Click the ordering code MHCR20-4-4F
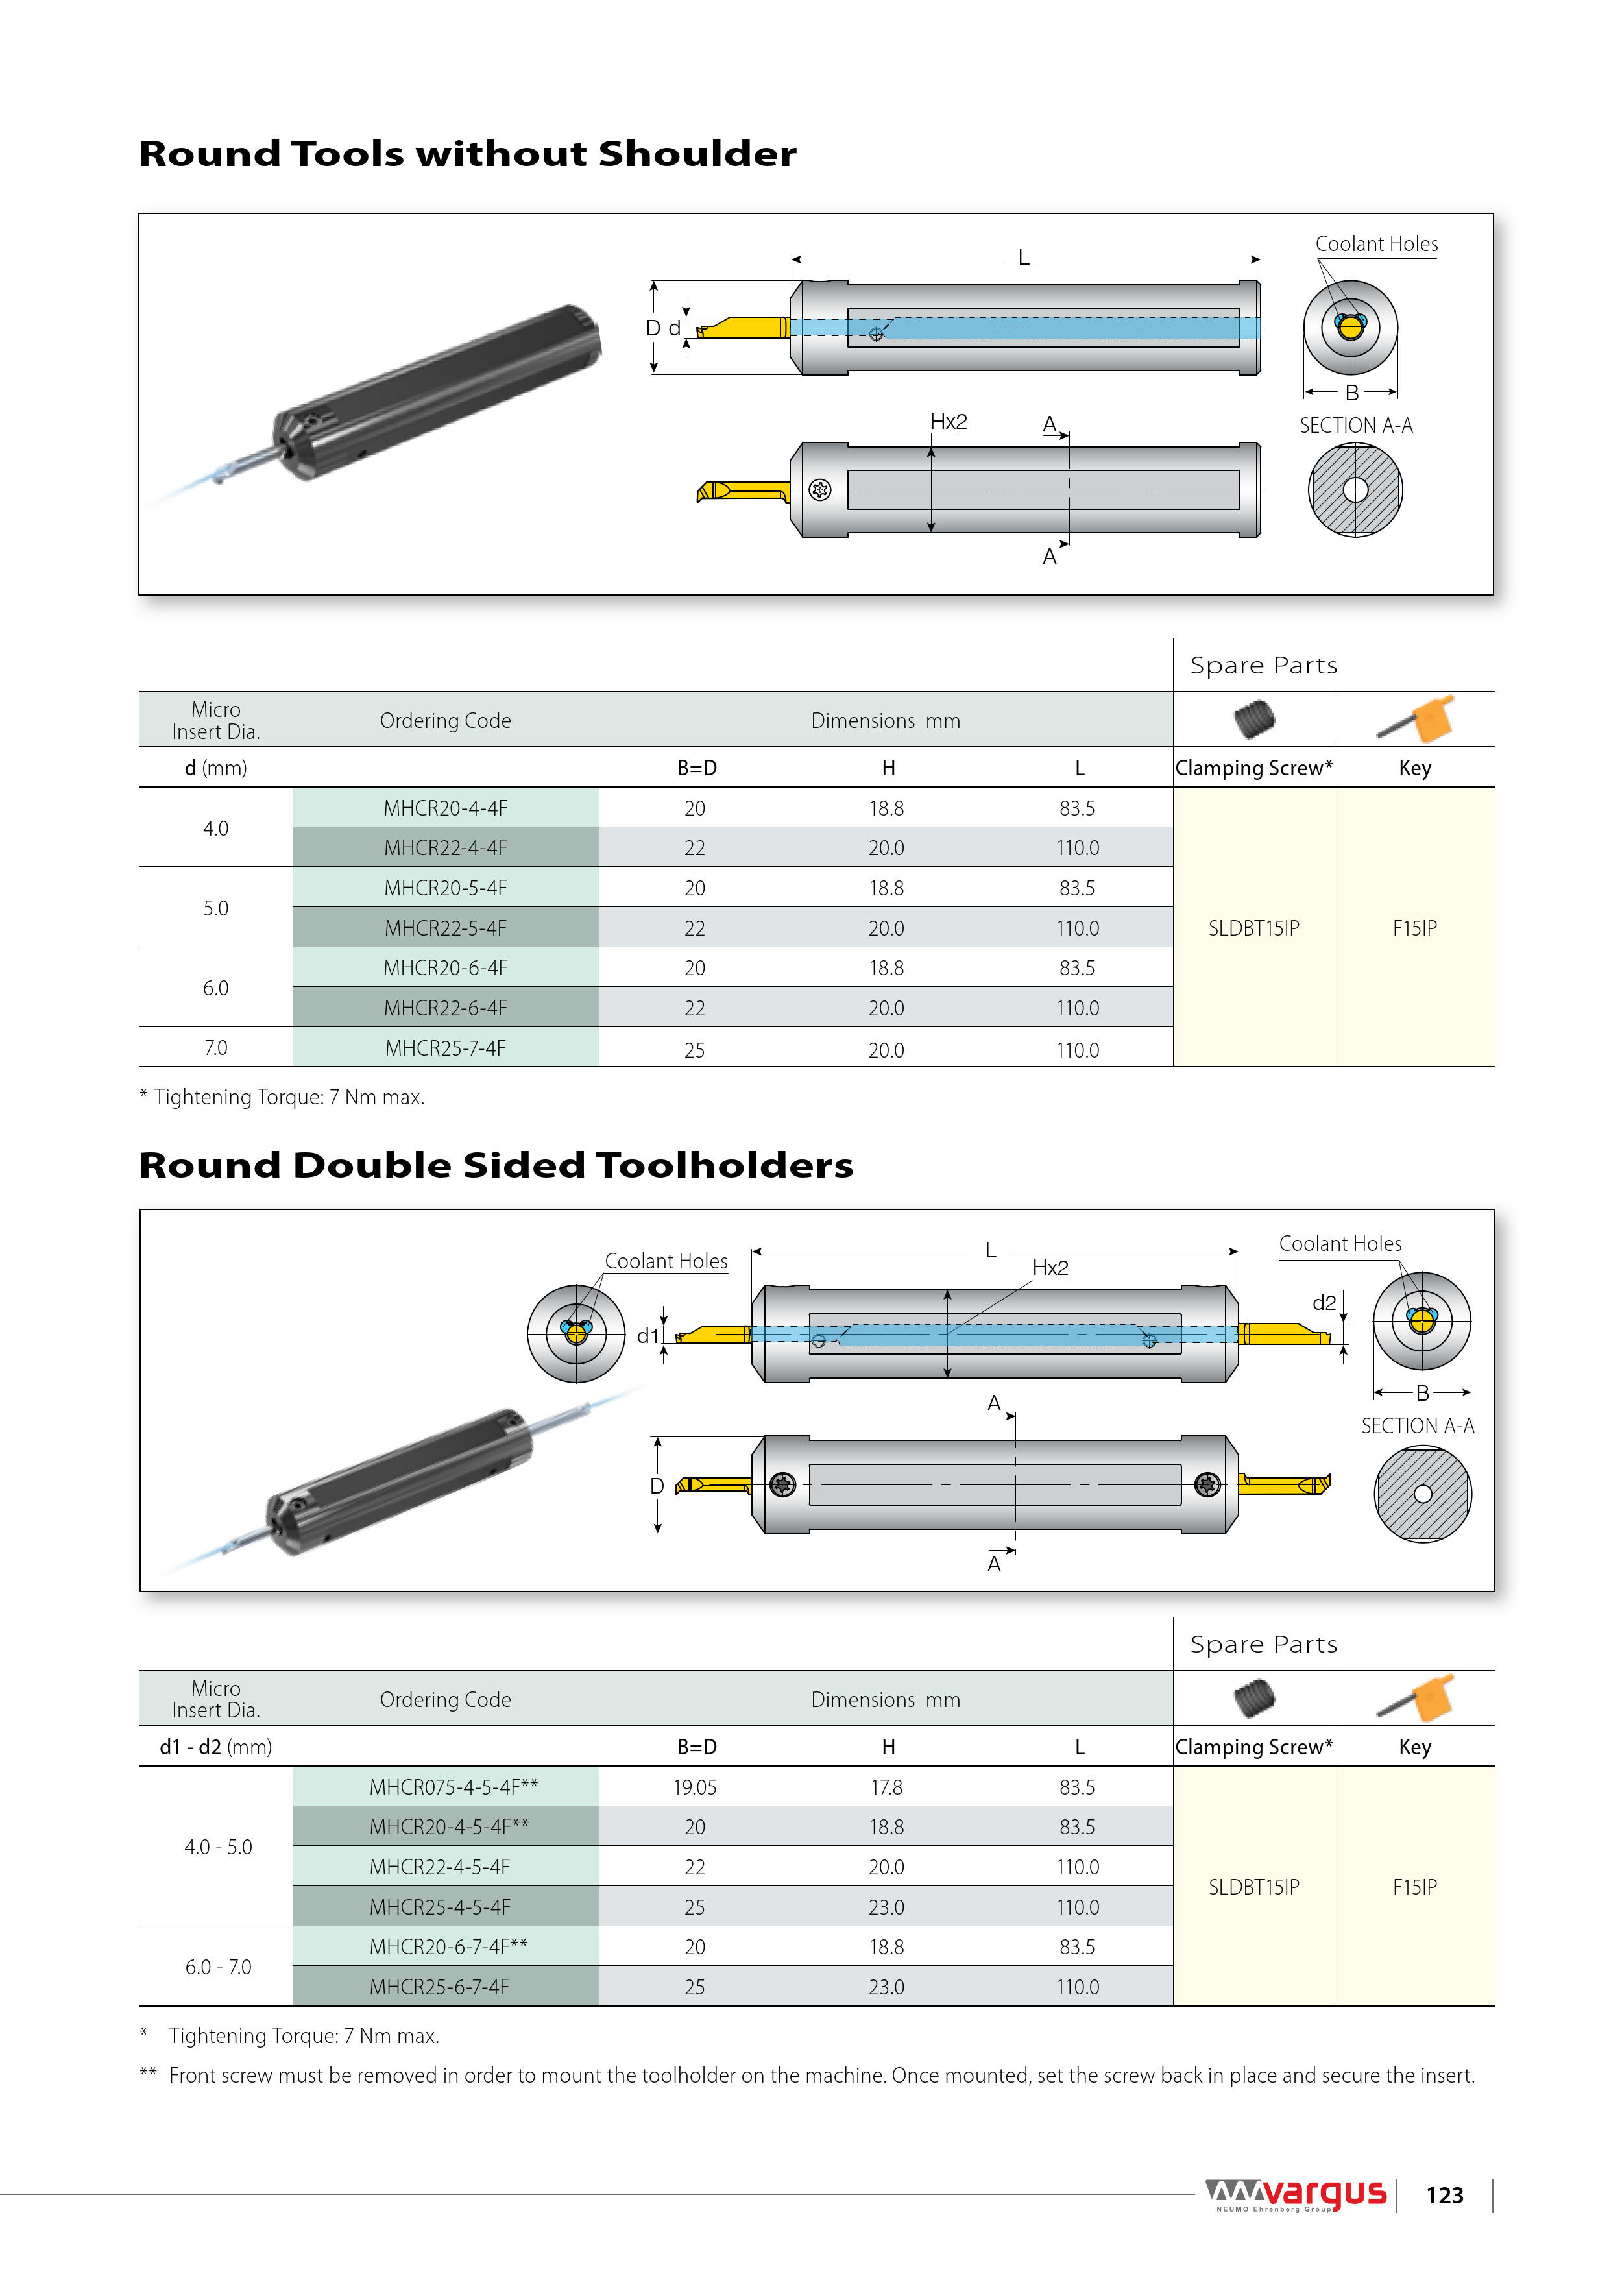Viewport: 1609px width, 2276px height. pyautogui.click(x=445, y=808)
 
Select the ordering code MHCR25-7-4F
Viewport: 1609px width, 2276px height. pyautogui.click(x=445, y=1048)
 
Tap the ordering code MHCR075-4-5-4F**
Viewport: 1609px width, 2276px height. pyautogui.click(x=453, y=1786)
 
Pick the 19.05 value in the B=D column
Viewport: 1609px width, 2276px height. pyautogui.click(x=694, y=1787)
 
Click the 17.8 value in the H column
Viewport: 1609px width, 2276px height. pyautogui.click(x=886, y=1787)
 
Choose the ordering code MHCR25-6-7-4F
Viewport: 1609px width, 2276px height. pyautogui.click(x=439, y=1987)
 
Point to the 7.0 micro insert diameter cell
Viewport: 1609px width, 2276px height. pyautogui.click(x=215, y=1048)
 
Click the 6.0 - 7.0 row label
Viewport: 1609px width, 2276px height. pyautogui.click(x=218, y=1967)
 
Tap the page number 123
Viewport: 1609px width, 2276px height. pyautogui.click(x=1444, y=2196)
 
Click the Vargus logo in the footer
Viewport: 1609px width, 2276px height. pyautogui.click(x=1296, y=2195)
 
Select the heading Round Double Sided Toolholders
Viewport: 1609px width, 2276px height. pyautogui.click(x=496, y=1165)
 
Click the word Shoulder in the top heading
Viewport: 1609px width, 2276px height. pyautogui.click(x=697, y=154)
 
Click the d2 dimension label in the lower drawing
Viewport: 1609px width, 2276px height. pyautogui.click(x=1324, y=1303)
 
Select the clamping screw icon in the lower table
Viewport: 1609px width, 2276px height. pyautogui.click(x=1254, y=1698)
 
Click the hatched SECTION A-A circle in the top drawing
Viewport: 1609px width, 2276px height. pyautogui.click(x=1355, y=490)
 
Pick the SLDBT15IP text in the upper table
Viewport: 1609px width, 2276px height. pyautogui.click(x=1253, y=928)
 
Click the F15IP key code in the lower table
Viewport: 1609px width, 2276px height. pyautogui.click(x=1415, y=1887)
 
